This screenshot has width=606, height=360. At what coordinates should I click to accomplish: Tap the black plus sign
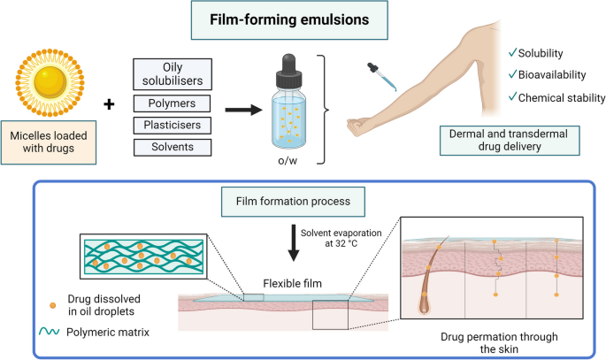[x=109, y=106]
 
